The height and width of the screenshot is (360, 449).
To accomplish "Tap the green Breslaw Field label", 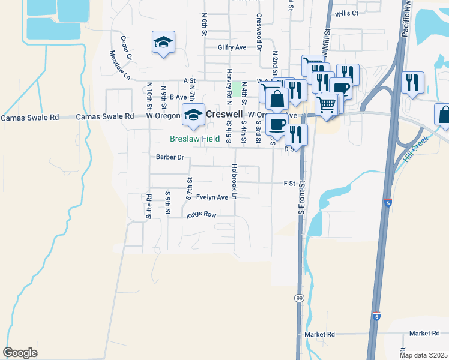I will (194, 138).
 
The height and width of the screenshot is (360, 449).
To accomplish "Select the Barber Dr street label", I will (169, 158).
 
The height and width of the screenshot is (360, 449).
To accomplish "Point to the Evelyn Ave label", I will (213, 197).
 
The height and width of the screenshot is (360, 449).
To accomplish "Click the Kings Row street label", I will (200, 214).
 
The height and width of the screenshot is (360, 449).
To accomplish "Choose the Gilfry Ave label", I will (232, 47).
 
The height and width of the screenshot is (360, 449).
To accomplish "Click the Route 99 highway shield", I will (299, 298).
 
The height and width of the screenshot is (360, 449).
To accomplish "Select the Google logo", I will (20, 353).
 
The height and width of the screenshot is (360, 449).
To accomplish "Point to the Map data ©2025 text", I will (423, 355).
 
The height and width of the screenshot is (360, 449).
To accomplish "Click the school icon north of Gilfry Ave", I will (163, 43).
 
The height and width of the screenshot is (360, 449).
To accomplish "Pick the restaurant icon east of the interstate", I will (412, 83).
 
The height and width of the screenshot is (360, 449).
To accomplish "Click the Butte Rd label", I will (148, 205).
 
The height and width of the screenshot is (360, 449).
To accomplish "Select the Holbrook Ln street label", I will (235, 182).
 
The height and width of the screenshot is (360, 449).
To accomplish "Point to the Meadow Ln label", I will (119, 64).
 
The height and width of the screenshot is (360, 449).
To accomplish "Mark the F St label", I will (290, 183).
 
